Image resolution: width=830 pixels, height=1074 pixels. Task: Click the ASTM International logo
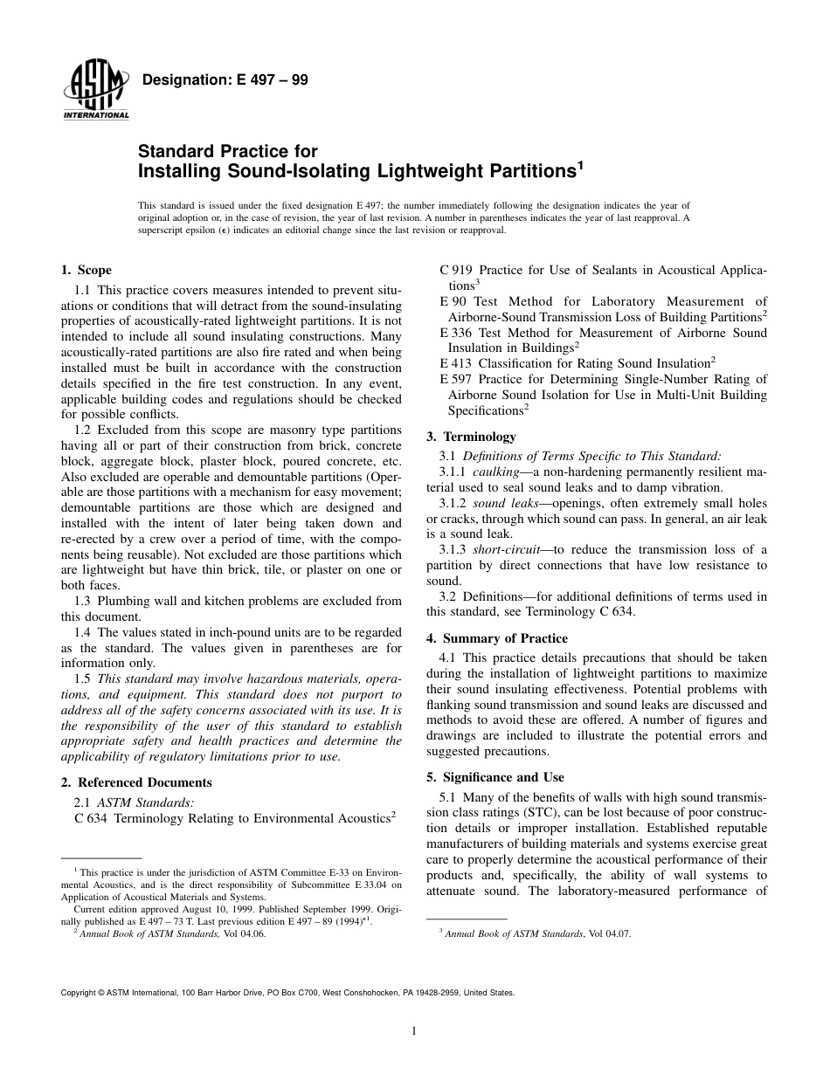click(x=95, y=92)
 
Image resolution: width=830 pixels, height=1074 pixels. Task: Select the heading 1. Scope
click(x=86, y=270)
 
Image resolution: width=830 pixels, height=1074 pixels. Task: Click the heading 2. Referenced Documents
click(x=136, y=782)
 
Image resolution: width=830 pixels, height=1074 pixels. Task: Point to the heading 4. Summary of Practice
click(x=496, y=638)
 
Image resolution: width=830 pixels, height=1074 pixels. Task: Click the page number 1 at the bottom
click(x=414, y=1031)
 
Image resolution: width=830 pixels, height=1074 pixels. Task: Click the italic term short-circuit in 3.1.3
click(x=501, y=549)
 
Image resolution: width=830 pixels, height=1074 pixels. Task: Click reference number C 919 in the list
click(x=457, y=270)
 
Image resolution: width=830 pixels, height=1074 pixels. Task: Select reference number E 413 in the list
click(x=456, y=363)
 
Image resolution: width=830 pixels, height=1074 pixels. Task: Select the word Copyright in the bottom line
click(x=78, y=993)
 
